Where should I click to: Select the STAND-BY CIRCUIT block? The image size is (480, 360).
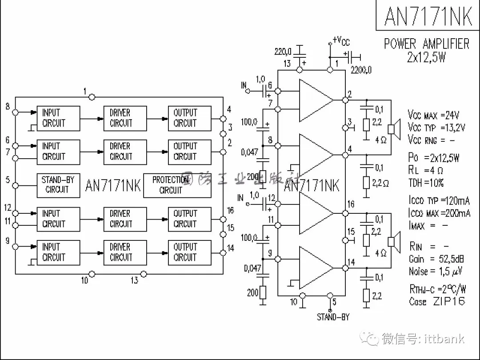(58, 185)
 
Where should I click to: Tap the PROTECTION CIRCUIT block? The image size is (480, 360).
(171, 185)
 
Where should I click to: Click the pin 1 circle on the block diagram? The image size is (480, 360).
(92, 96)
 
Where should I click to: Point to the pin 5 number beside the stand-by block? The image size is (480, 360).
(8, 180)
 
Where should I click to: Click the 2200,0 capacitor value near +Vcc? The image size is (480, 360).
(360, 70)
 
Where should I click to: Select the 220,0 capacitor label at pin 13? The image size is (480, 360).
(283, 52)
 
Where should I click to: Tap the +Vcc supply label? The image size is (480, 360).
(341, 41)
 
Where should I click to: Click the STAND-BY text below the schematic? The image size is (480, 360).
(333, 317)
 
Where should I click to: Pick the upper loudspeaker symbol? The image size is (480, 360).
(392, 129)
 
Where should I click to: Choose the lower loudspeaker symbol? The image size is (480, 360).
(392, 242)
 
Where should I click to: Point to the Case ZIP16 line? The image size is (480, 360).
(437, 301)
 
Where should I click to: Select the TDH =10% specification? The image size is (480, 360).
(426, 183)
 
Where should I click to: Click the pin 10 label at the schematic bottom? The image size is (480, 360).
(294, 302)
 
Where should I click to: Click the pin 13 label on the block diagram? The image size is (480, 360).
(134, 280)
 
